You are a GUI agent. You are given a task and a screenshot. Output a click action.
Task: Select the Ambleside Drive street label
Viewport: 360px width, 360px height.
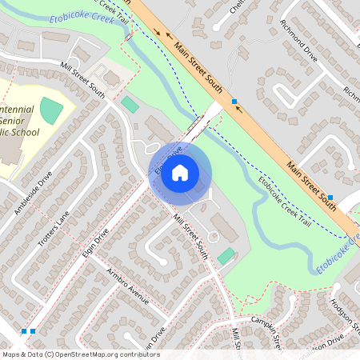click(32, 193)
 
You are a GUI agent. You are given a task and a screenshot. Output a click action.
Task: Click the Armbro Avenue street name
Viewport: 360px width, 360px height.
click(128, 286)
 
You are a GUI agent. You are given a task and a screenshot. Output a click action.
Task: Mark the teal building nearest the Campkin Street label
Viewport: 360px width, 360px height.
click(226, 256)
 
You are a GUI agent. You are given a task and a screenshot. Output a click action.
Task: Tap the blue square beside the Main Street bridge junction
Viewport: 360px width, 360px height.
click(234, 102)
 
